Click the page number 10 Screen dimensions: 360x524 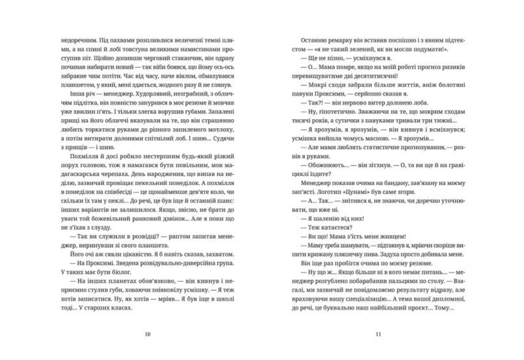(x=147, y=333)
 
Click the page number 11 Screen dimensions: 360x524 (x=377, y=333)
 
